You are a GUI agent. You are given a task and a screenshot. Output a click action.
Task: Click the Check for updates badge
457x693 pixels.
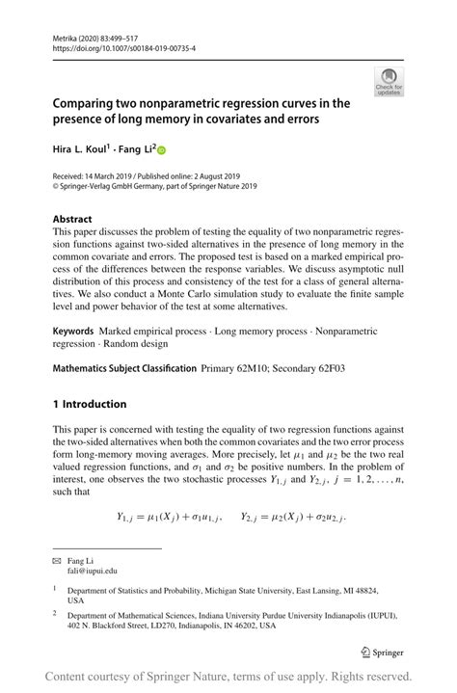coord(390,82)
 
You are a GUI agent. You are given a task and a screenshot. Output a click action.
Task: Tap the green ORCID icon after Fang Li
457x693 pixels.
coord(161,150)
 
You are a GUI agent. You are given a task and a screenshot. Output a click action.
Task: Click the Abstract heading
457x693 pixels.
coord(73,219)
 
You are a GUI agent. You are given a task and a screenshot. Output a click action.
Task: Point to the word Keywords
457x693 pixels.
coord(73,330)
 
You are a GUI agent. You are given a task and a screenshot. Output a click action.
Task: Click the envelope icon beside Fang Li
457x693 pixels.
coord(57,559)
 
